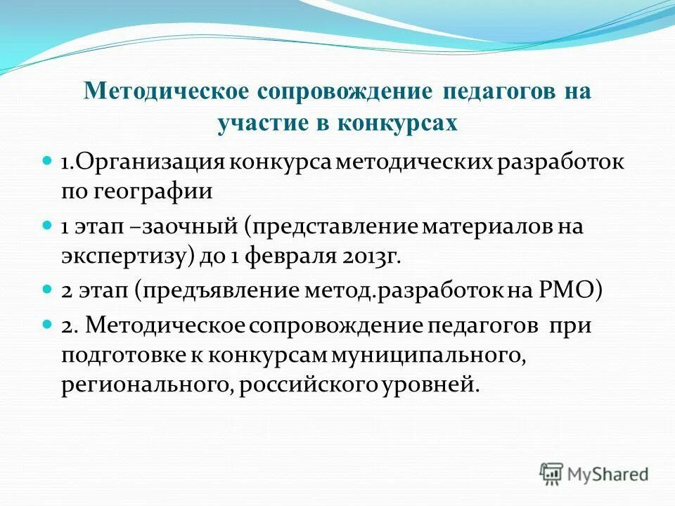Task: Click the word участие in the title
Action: [254, 124]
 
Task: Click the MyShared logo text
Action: [609, 474]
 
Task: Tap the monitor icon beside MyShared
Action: [551, 474]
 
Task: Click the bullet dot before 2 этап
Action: [48, 289]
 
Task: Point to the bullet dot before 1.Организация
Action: [48, 160]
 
